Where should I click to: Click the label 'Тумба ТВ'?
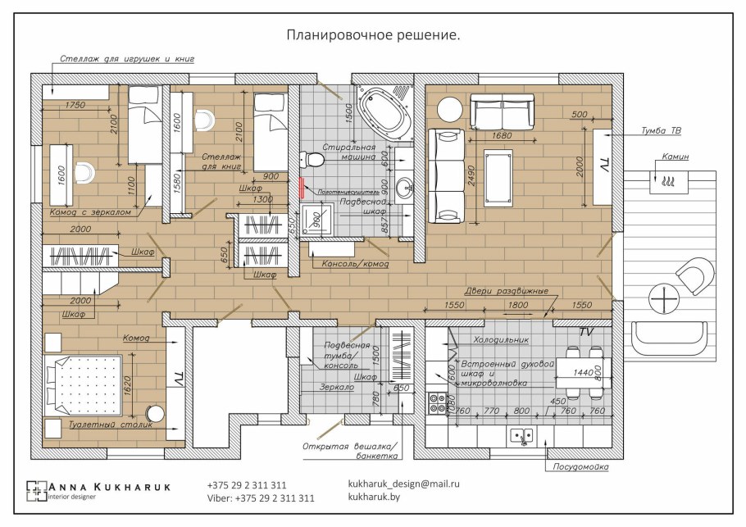(662, 130)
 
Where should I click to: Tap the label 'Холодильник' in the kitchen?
(501, 338)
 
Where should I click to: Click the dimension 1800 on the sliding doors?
(518, 304)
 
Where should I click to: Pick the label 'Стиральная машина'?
(348, 151)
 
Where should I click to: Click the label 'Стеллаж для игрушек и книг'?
(126, 59)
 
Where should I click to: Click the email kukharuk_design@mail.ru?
(403, 484)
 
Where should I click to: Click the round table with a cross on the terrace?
(662, 298)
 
